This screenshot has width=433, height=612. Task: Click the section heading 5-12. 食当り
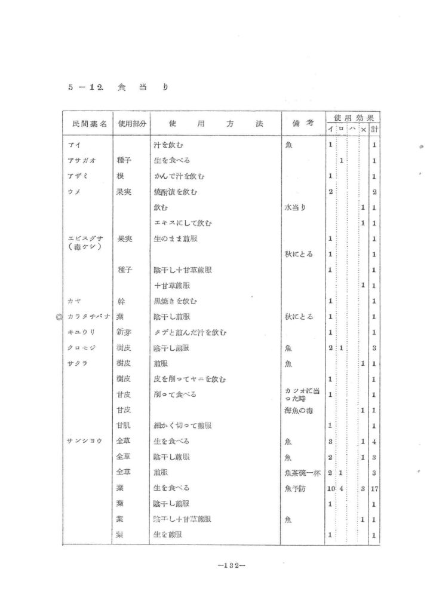pyautogui.click(x=117, y=87)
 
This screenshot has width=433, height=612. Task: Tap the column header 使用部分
pyautogui.click(x=131, y=124)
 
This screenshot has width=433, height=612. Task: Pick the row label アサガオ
pyautogui.click(x=82, y=161)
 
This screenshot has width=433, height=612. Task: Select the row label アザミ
pyautogui.click(x=79, y=176)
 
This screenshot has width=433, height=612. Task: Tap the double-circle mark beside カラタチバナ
pyautogui.click(x=59, y=317)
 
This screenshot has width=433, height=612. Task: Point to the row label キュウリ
pyautogui.click(x=81, y=332)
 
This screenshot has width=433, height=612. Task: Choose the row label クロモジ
pyautogui.click(x=81, y=347)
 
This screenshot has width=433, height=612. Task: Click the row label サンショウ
pyautogui.click(x=84, y=441)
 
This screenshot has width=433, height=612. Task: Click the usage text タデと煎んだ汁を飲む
pyautogui.click(x=190, y=332)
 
